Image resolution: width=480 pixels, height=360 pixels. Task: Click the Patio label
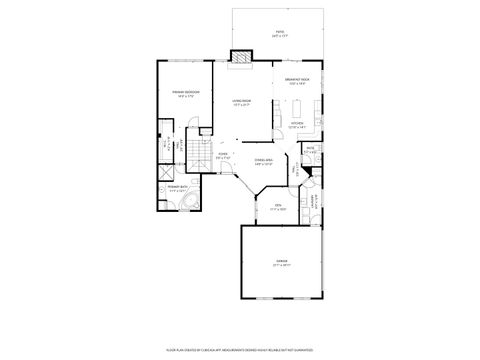click(x=280, y=34)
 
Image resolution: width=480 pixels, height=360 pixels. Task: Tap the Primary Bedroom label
click(x=186, y=94)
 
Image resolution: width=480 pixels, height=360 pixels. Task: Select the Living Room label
click(x=242, y=104)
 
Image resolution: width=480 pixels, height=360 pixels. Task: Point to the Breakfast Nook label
click(x=298, y=83)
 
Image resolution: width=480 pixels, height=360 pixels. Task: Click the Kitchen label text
click(x=296, y=125)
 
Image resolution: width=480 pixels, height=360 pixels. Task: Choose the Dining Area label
click(x=264, y=162)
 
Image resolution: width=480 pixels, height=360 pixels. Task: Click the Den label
click(x=279, y=207)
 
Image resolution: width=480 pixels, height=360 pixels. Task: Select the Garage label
click(x=281, y=262)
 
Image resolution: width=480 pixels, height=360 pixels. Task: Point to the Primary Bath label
click(x=179, y=187)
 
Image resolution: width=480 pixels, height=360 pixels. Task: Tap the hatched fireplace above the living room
click(x=241, y=57)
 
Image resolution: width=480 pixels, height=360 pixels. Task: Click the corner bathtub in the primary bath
click(x=186, y=204)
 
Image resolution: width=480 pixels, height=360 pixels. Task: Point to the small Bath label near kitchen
click(x=310, y=151)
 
